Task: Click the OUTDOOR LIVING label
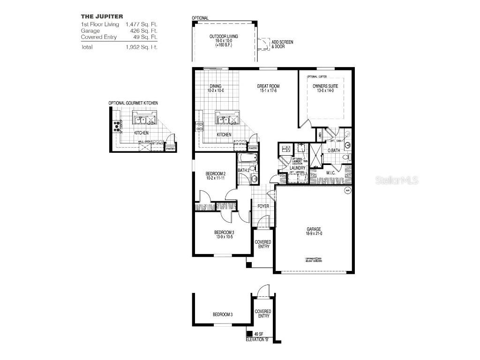click(225, 36)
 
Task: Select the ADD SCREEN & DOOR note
click(282, 45)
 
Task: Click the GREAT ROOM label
click(268, 86)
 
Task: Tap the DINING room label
click(215, 86)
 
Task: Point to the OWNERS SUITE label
click(325, 86)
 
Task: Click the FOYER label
click(263, 205)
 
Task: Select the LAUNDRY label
click(297, 168)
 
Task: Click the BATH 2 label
click(243, 170)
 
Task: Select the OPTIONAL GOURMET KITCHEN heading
click(133, 103)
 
